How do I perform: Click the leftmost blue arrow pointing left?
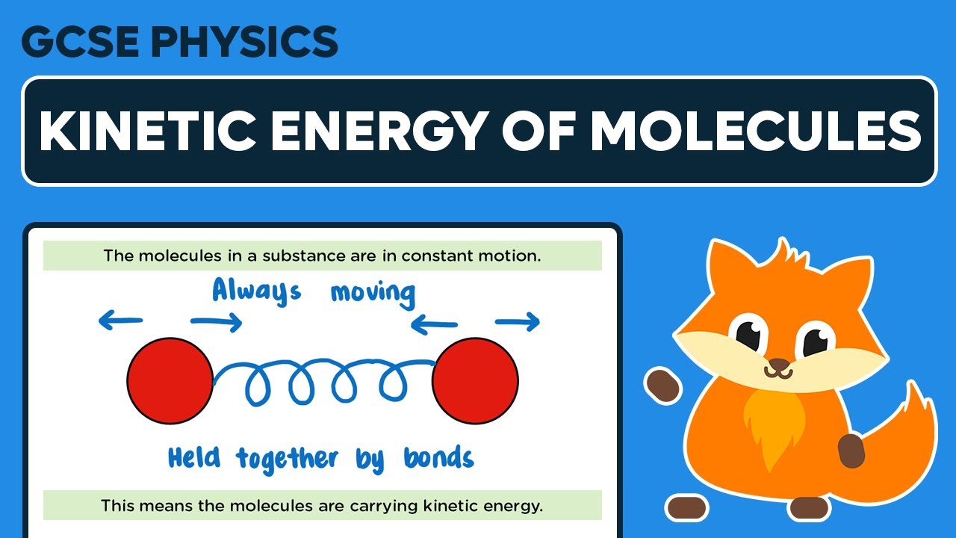(x=120, y=321)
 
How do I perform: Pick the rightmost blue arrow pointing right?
(x=518, y=322)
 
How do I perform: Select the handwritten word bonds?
(x=438, y=457)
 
